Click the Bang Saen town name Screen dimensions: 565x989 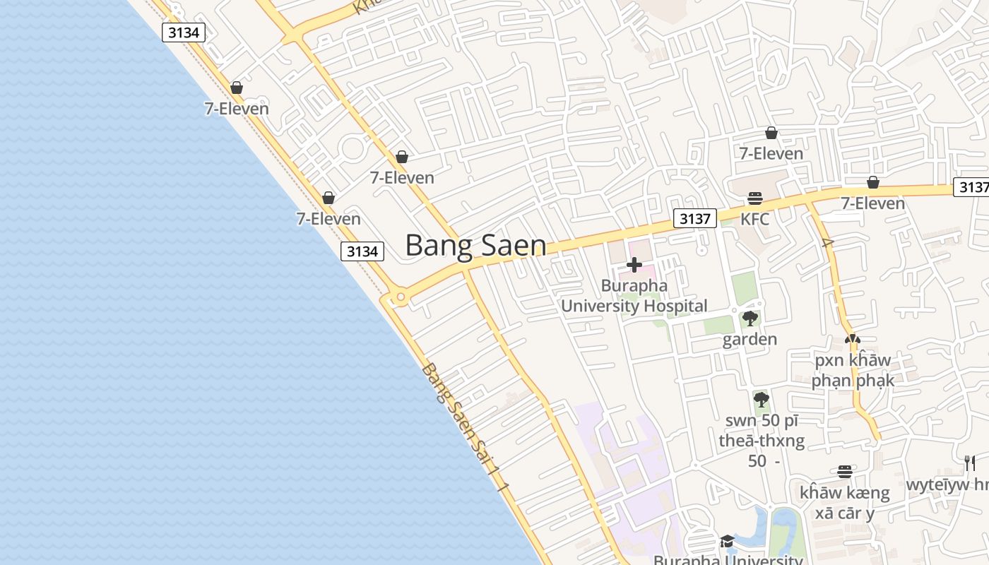click(x=475, y=246)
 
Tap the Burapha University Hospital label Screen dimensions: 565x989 click(x=634, y=296)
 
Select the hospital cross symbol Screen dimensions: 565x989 click(x=634, y=265)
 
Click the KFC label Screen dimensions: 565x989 click(x=754, y=219)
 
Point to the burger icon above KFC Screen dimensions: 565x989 click(x=754, y=198)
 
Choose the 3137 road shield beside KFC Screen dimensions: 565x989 click(x=694, y=218)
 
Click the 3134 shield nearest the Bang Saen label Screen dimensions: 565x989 click(x=362, y=251)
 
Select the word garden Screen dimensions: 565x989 click(x=750, y=340)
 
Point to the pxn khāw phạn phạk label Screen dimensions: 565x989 click(x=853, y=370)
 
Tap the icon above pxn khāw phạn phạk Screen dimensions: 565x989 click(x=853, y=340)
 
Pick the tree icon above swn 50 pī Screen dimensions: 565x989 click(x=761, y=400)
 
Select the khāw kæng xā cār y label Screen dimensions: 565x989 click(x=844, y=502)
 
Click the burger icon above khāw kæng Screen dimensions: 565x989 click(x=844, y=472)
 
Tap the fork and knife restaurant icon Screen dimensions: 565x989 click(x=970, y=463)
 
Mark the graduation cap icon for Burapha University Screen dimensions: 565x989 click(x=726, y=542)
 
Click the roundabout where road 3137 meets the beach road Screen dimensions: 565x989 click(x=401, y=297)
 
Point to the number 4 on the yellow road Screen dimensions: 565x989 click(x=828, y=243)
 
